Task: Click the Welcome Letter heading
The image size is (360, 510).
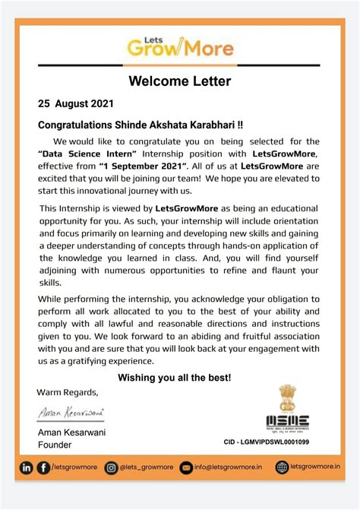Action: [179, 81]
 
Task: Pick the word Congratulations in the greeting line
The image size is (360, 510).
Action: [75, 124]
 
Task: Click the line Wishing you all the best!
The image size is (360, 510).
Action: [175, 378]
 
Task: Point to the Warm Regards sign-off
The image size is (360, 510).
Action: [68, 392]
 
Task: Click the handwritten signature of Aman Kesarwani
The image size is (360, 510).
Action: [71, 413]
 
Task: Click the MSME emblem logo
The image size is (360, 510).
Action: [287, 410]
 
